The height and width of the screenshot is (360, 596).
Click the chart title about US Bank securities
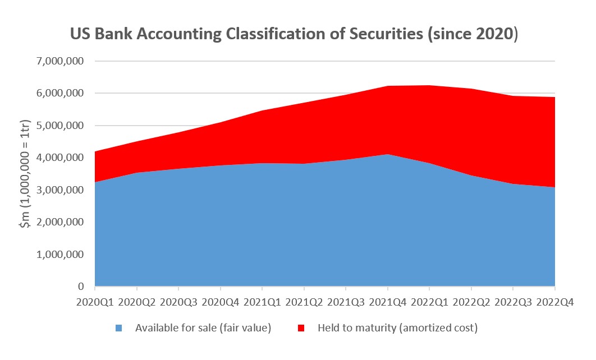tap(294, 34)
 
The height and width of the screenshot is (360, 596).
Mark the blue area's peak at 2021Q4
tap(388, 154)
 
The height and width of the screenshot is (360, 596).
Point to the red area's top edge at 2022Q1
tap(429, 85)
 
